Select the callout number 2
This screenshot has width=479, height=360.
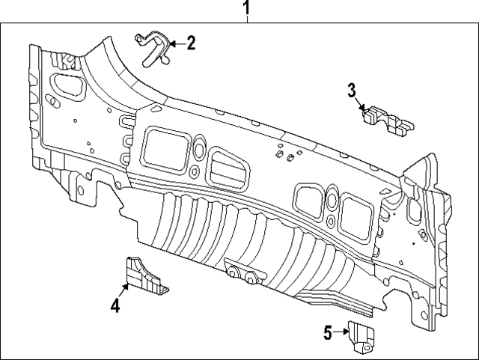point(192,43)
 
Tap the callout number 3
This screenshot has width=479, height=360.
point(352,91)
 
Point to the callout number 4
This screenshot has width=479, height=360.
point(115,305)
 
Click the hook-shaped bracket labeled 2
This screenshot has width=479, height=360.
point(153,46)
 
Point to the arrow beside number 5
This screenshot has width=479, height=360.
point(341,331)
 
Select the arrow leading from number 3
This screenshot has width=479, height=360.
point(360,106)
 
